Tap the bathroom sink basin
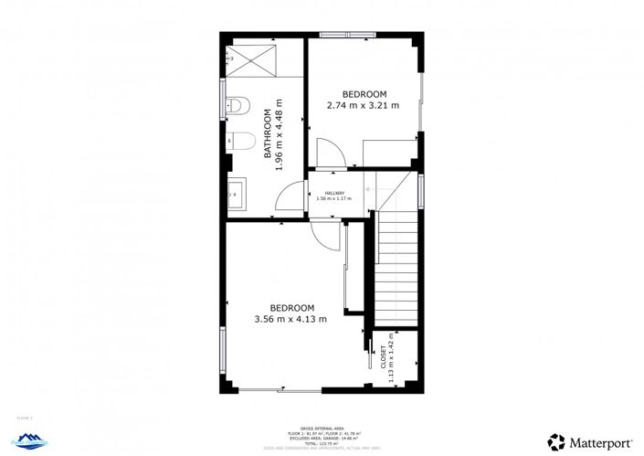coord(234,193)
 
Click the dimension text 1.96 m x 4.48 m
coord(280,135)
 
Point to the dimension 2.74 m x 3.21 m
coord(364,105)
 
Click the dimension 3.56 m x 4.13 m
coord(290,319)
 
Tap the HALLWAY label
coord(333,193)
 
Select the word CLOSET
coord(383,357)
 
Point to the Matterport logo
coord(588,440)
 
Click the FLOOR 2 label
coord(25,418)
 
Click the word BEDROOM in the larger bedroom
coord(291,308)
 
